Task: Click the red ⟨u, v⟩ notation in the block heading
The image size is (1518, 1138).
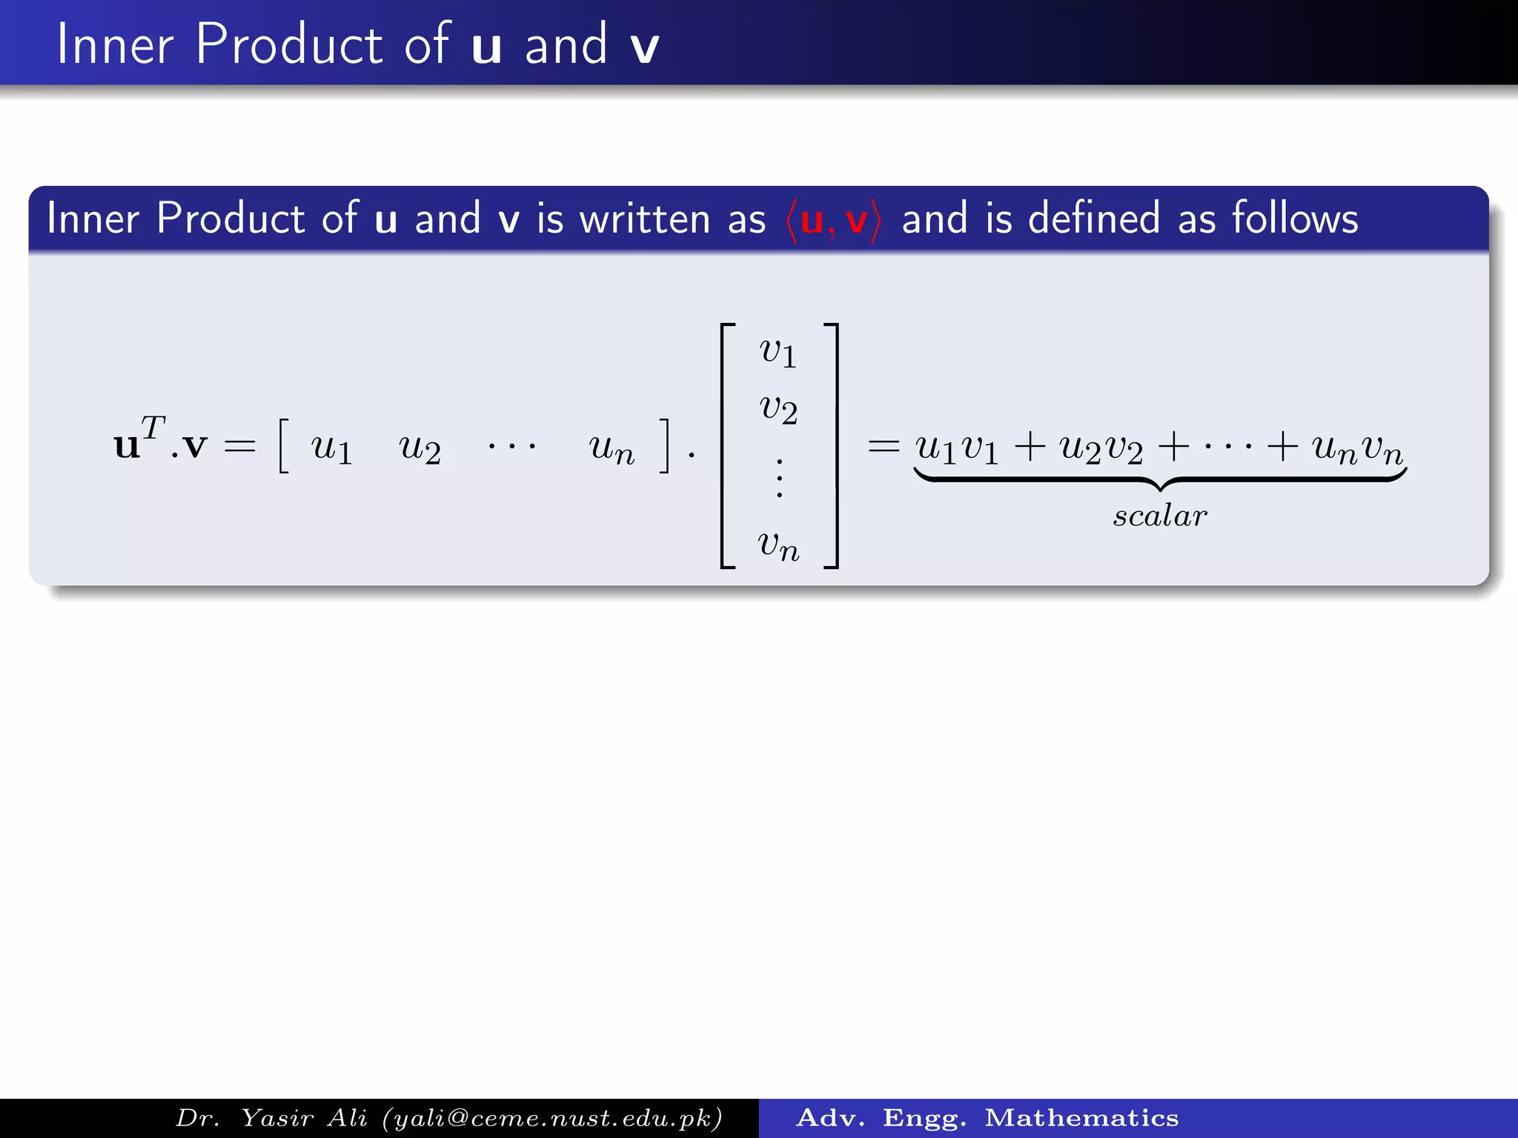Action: (x=834, y=220)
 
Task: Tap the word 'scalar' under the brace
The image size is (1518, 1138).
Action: (x=1160, y=516)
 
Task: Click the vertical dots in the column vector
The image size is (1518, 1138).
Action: (x=779, y=478)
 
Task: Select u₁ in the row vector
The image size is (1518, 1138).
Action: (x=331, y=447)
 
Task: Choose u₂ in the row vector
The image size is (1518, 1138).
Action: (x=420, y=447)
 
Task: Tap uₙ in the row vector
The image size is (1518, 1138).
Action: (x=611, y=447)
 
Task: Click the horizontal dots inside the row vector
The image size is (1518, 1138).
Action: (x=511, y=447)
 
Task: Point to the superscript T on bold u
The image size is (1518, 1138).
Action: (x=153, y=427)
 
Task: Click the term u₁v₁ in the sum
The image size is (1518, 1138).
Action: (x=957, y=447)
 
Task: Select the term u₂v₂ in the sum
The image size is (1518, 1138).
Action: (x=1101, y=447)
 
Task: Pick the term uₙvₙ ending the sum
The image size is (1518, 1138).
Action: (x=1357, y=447)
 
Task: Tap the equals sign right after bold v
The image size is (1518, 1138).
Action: (x=239, y=446)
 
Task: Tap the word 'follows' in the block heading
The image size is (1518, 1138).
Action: (x=1295, y=219)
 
